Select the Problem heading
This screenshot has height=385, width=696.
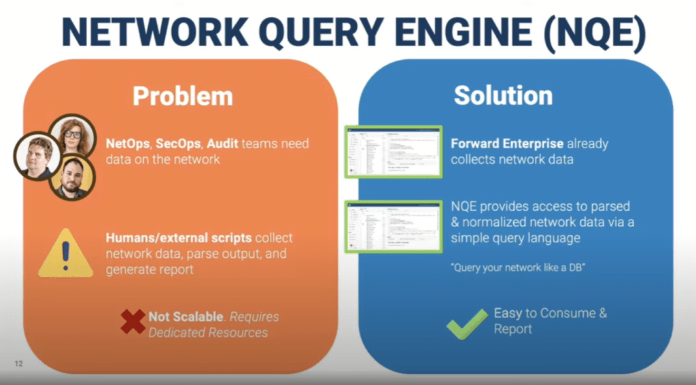coord(182,96)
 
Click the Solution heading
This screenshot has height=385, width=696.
coord(503,96)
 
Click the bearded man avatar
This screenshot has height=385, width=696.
coord(72,178)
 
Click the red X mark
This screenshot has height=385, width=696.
coord(133,322)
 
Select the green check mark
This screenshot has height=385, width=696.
coord(467,323)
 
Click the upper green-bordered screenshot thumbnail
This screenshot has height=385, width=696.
coord(394,152)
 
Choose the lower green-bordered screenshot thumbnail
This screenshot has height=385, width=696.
coord(394,225)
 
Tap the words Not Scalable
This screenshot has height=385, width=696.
coord(186,317)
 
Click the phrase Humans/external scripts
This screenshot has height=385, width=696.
coord(178,238)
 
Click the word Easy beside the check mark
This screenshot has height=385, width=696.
coord(507,314)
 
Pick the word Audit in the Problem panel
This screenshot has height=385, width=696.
coord(223,144)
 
